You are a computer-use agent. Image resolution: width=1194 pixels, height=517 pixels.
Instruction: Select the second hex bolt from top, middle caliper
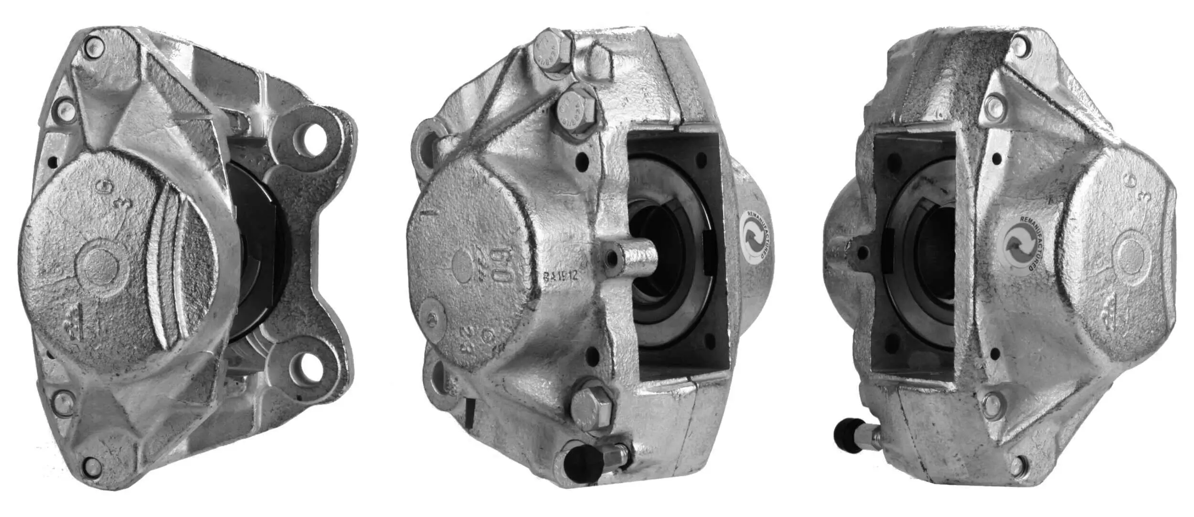point(576,116)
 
